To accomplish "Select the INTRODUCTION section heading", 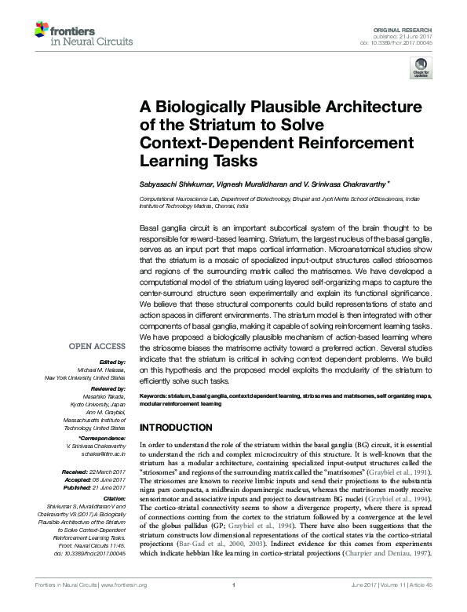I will pos(180,429).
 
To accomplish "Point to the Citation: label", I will pos(112,499).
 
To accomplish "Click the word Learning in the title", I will pos(174,161).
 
